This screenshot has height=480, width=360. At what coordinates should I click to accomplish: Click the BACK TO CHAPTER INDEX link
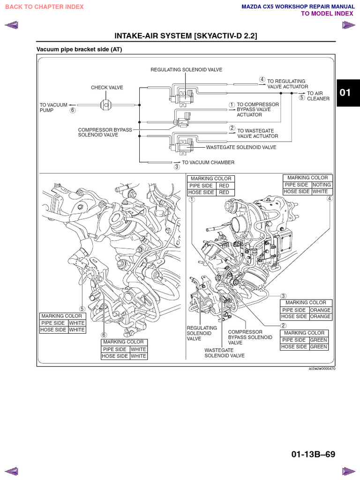(45, 7)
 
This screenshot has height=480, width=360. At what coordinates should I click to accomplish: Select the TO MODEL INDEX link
(327, 14)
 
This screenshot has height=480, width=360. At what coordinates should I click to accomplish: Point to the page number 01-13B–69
(313, 454)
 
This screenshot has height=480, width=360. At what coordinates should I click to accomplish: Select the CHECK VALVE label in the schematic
(106, 88)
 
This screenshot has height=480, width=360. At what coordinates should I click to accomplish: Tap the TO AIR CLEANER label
(318, 96)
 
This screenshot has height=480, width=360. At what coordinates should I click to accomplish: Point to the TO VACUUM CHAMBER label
(208, 163)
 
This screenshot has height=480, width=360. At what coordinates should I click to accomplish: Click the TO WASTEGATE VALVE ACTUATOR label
(257, 134)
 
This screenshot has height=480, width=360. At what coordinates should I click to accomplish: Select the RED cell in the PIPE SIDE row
(224, 186)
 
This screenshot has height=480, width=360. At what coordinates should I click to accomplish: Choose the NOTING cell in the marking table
(322, 185)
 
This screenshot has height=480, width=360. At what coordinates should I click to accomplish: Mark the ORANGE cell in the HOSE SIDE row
(320, 316)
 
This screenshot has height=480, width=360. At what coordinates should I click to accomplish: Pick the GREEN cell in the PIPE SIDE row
(318, 340)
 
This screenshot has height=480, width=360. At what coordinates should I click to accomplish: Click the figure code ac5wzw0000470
(322, 369)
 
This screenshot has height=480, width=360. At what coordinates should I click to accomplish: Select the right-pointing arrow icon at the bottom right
(349, 471)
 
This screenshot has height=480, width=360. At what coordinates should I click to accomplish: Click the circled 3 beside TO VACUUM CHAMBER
(177, 166)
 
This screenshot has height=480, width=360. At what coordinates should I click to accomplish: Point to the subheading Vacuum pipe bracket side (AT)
(79, 49)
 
